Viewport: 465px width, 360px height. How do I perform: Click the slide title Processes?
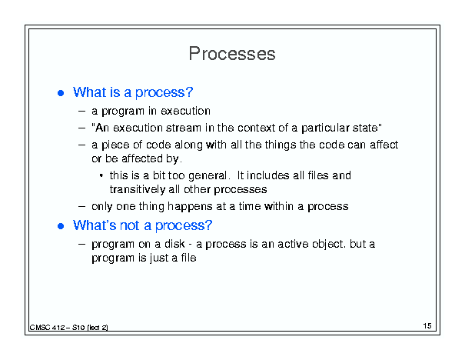[232, 54]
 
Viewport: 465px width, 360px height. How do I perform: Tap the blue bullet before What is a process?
[61, 93]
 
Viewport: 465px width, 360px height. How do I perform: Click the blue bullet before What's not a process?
[61, 226]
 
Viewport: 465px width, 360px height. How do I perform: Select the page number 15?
[427, 326]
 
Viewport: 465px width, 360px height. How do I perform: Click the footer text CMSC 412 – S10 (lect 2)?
[68, 328]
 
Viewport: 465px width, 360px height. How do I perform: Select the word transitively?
[138, 189]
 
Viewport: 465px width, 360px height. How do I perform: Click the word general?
[208, 175]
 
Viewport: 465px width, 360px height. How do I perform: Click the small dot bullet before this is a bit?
[101, 175]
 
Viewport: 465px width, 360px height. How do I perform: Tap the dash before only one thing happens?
[81, 207]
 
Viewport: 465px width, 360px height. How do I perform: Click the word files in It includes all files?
[318, 175]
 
